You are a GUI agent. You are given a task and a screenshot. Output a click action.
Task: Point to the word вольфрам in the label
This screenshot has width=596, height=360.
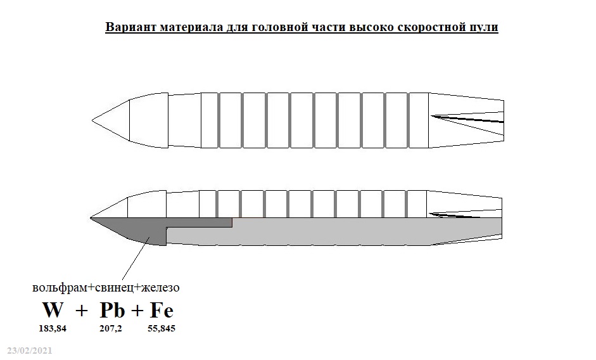tap(60, 287)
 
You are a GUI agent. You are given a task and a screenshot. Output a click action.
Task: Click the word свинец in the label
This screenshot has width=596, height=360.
tap(115, 287)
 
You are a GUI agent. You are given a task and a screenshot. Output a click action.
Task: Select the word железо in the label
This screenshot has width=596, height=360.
tap(160, 287)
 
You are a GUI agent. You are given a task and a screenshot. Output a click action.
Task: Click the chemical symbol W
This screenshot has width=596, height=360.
tap(53, 310)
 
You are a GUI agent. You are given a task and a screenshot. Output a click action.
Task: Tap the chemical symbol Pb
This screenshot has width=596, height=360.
tap(112, 310)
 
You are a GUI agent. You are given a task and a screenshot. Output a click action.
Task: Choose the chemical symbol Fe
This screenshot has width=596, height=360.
tap(162, 310)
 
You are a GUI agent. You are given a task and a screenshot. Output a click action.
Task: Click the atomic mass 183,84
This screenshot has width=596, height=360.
tap(53, 328)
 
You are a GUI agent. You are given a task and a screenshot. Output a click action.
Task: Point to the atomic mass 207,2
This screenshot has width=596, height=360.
tap(111, 328)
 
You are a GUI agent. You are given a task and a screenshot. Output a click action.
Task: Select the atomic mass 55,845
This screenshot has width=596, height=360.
tap(162, 328)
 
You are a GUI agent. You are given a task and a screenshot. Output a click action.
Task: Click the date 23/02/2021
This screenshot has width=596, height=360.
tap(30, 350)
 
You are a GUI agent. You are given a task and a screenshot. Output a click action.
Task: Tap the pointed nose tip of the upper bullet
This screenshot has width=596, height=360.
tap(92, 120)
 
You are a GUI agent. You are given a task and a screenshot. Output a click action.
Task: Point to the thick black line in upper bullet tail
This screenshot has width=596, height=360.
tap(467, 119)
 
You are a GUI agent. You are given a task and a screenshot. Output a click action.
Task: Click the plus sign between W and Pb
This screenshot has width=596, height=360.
tap(81, 311)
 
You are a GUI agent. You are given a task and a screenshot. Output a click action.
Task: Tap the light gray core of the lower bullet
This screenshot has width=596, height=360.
tap(334, 232)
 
